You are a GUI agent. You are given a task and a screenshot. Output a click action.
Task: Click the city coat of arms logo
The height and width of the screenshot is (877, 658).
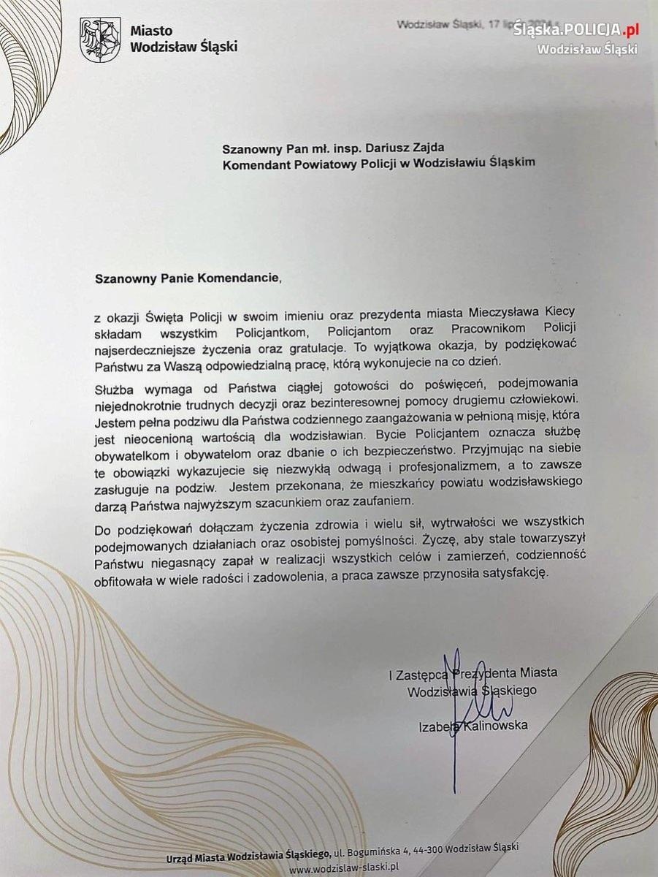[x=100, y=40]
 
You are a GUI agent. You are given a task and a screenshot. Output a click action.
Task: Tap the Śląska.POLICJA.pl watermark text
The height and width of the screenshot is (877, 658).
[x=575, y=30]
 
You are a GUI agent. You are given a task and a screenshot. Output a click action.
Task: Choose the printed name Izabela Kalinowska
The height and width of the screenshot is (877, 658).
[x=473, y=725]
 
